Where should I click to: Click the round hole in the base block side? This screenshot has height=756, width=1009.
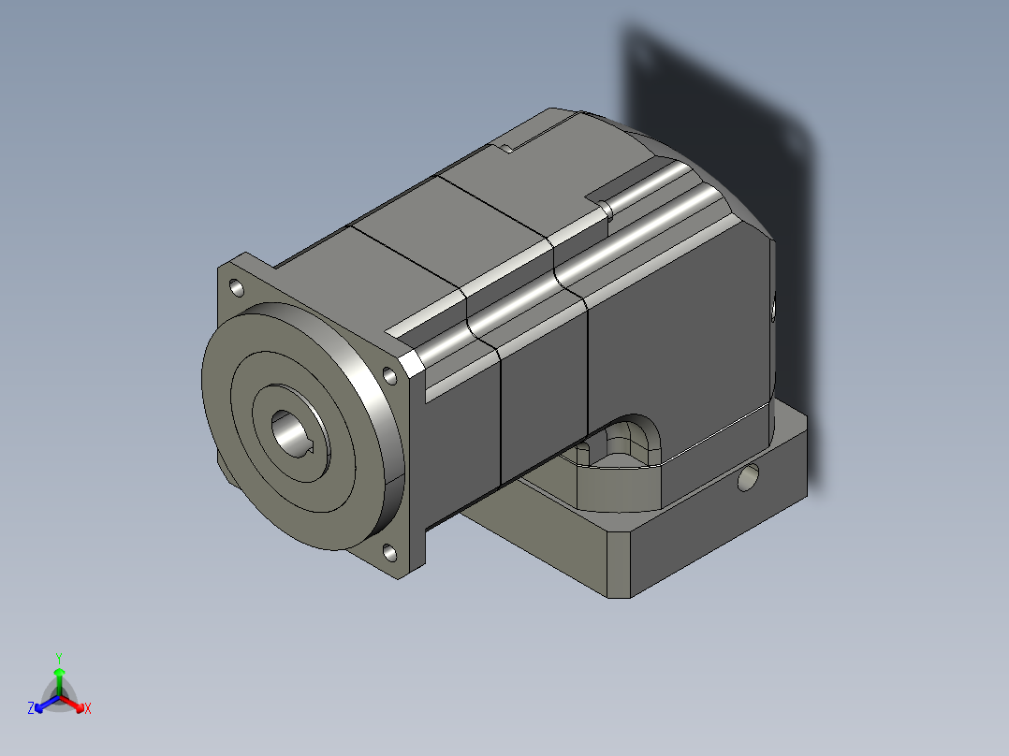[x=748, y=479]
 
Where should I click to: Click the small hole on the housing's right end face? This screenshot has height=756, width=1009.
[x=774, y=308]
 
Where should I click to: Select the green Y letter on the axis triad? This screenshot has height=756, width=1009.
[x=58, y=657]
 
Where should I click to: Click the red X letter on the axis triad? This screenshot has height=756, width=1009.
[x=88, y=708]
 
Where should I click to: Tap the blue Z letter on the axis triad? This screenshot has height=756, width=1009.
[x=31, y=708]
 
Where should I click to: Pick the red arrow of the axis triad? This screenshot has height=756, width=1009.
[x=75, y=702]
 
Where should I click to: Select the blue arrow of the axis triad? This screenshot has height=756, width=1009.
[x=43, y=703]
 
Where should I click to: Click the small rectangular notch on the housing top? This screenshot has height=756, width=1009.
[x=510, y=148]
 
